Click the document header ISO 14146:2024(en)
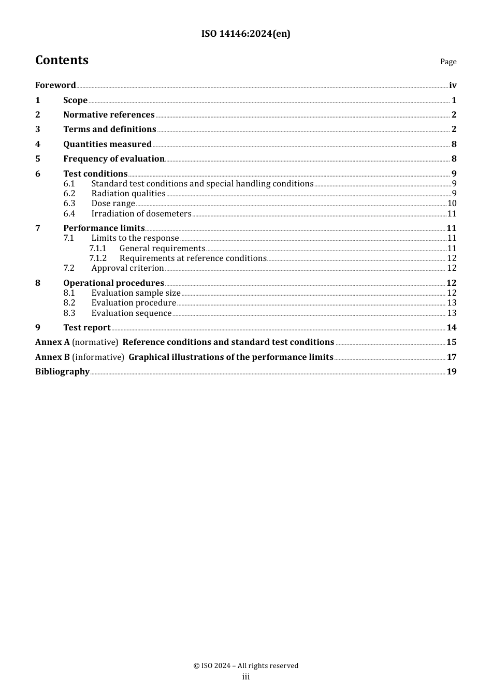point(245,34)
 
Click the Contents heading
point(62,60)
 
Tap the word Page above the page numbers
point(448,62)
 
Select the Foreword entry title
point(55,85)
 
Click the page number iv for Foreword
point(453,85)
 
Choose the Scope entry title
point(75,100)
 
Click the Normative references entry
point(109,115)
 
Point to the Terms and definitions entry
point(109,129)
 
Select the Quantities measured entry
point(107,144)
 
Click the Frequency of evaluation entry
point(114,159)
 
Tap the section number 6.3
point(69,204)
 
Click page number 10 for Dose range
point(452,204)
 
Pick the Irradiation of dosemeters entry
point(141,214)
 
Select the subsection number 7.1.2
point(98,258)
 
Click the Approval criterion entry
point(127,268)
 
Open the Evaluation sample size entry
point(136,293)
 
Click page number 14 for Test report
point(452,328)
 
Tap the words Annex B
point(52,357)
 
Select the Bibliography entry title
point(62,372)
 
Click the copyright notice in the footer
point(245,666)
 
